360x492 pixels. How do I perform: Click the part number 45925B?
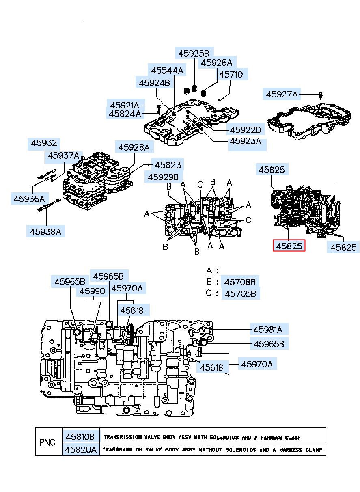(x=194, y=54)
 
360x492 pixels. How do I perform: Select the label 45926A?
(x=217, y=63)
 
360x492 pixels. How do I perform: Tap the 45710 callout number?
(x=231, y=75)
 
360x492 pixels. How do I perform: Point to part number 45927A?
(x=282, y=95)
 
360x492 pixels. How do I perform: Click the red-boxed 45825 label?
(x=289, y=246)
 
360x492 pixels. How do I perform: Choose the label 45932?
(x=44, y=143)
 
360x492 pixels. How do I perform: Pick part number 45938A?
(x=45, y=232)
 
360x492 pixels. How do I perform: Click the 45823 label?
(x=168, y=165)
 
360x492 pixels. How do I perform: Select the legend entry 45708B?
(x=240, y=282)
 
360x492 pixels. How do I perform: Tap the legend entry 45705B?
(x=240, y=294)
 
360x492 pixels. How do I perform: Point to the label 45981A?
(x=268, y=330)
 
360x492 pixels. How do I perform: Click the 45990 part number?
(x=92, y=291)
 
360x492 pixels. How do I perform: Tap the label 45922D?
(x=246, y=130)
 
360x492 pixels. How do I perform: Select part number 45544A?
(x=167, y=71)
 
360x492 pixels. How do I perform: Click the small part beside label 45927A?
(x=321, y=95)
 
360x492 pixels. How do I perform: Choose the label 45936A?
(x=29, y=199)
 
